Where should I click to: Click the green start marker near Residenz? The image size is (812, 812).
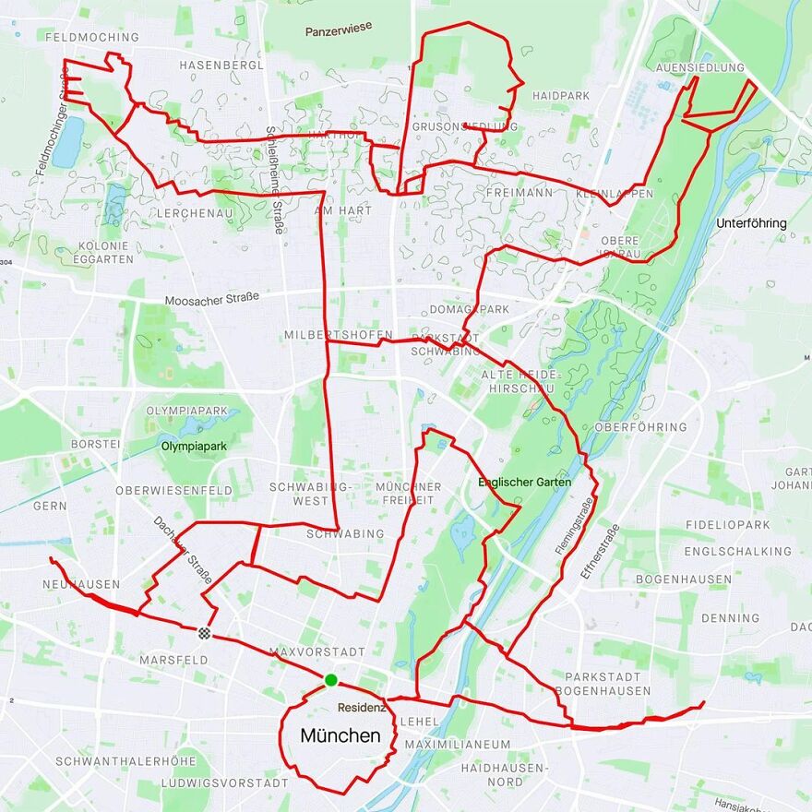(x=330, y=681)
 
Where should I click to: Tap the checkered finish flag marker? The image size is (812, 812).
(x=204, y=633)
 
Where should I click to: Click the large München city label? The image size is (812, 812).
(x=340, y=736)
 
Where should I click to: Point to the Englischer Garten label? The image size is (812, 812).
(x=524, y=483)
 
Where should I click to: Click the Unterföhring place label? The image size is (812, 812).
(x=751, y=223)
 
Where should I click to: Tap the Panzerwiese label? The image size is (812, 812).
(x=339, y=29)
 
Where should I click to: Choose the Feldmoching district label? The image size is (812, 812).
(x=91, y=38)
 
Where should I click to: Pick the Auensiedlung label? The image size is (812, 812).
(x=699, y=68)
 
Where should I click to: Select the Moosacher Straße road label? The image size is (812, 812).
(x=211, y=299)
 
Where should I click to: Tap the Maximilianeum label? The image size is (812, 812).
(x=457, y=744)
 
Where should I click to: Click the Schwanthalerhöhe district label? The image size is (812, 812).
(x=125, y=762)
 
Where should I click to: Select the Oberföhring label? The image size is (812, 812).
(x=641, y=427)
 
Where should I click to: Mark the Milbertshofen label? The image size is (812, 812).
(x=339, y=334)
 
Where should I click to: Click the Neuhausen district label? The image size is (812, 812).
(x=81, y=585)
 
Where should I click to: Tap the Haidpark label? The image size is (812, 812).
(x=561, y=96)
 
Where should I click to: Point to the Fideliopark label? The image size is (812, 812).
(x=727, y=525)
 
